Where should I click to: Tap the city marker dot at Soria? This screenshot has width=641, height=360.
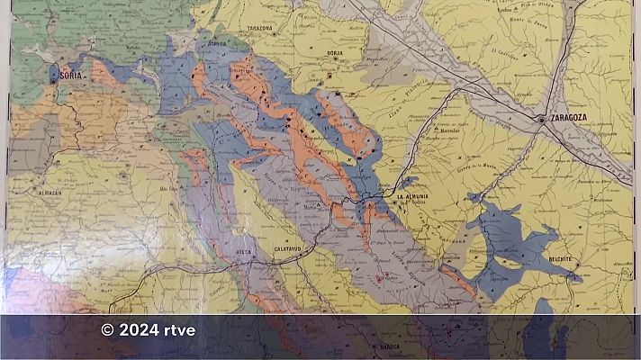pos(54,81)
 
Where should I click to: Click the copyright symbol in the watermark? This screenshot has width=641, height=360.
pos(108,330)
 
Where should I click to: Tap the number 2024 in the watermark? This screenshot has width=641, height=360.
pos(141,330)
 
